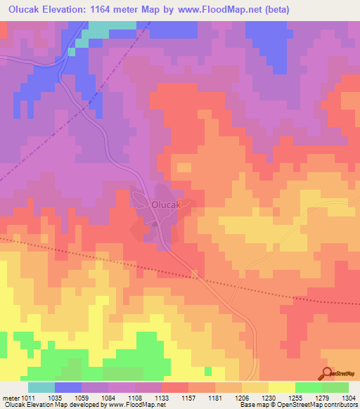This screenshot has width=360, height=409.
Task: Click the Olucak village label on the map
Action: point(167,204)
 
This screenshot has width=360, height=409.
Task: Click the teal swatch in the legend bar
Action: point(41,387)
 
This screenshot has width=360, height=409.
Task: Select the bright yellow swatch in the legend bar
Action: point(281,387)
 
